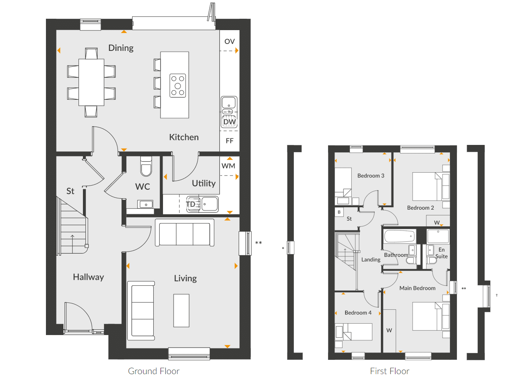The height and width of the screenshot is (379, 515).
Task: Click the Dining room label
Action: (x=121, y=48)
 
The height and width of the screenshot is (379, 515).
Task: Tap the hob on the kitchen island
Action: (x=178, y=85)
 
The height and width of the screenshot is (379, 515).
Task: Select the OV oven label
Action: (x=229, y=42)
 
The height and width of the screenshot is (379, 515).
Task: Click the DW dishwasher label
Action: (x=229, y=122)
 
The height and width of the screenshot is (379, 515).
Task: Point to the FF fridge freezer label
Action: (x=229, y=141)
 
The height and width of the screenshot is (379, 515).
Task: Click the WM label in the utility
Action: (x=228, y=166)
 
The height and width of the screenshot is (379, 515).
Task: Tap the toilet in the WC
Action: (x=146, y=166)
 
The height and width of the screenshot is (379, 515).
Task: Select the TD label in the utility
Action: (x=190, y=204)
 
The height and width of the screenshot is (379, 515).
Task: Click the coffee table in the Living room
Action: (x=181, y=311)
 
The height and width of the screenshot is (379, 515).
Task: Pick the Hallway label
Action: (x=89, y=277)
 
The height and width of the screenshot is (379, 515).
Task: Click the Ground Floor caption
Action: (x=154, y=371)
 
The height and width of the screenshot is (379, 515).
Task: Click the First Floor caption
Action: (x=390, y=371)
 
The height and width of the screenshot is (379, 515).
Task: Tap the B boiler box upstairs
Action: (x=339, y=212)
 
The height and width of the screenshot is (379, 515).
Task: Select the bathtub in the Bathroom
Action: (x=400, y=236)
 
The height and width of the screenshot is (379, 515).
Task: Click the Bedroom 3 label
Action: (x=371, y=176)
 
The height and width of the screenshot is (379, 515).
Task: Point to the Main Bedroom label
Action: (x=417, y=288)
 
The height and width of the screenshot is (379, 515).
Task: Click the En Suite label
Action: (x=441, y=253)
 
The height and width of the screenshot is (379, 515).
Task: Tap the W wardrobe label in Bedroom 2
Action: (x=437, y=222)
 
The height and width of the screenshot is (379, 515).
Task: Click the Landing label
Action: (x=371, y=260)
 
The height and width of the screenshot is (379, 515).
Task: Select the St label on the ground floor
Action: (x=70, y=191)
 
